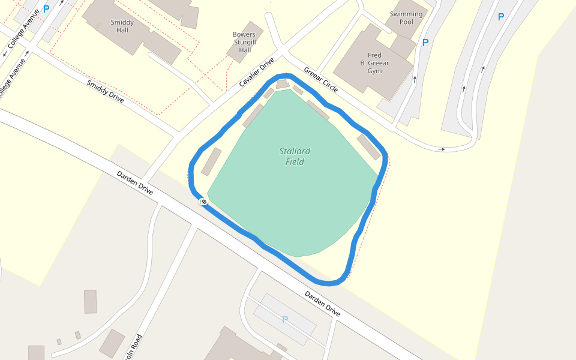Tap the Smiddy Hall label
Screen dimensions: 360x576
(122, 26)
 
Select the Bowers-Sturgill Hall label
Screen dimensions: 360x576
(245, 42)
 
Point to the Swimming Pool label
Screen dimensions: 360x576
(406, 18)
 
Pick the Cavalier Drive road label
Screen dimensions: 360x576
(256, 73)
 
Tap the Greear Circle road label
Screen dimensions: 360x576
(320, 79)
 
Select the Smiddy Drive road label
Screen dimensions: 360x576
(105, 91)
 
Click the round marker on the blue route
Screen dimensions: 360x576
(204, 202)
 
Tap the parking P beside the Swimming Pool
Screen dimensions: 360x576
(425, 43)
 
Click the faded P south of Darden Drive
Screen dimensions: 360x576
(285, 320)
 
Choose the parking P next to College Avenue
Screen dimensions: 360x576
(46, 9)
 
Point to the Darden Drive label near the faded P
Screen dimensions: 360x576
(322, 304)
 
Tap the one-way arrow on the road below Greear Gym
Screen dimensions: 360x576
(442, 149)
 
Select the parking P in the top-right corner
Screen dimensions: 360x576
(501, 17)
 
